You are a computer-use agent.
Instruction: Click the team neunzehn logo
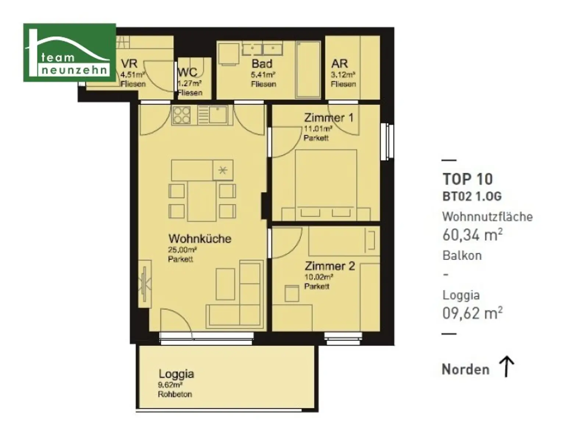pyautogui.click(x=70, y=53)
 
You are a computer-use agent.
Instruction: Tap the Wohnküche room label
pyautogui.click(x=200, y=239)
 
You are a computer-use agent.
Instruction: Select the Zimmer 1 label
pyautogui.click(x=329, y=118)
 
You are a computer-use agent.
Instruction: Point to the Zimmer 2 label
pyautogui.click(x=330, y=266)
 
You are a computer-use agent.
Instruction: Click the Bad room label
pyautogui.click(x=262, y=64)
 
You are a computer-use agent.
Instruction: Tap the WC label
pyautogui.click(x=188, y=72)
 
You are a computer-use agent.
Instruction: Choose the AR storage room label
pyautogui.click(x=340, y=64)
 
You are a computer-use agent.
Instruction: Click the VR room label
pyautogui.click(x=129, y=64)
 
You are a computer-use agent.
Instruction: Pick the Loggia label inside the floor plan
pyautogui.click(x=176, y=374)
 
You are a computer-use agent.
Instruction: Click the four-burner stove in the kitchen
pyautogui.click(x=181, y=115)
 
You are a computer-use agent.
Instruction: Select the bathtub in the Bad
pyautogui.click(x=308, y=70)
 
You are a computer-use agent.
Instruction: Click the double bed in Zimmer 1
pyautogui.click(x=326, y=185)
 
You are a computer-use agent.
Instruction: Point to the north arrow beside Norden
pyautogui.click(x=506, y=367)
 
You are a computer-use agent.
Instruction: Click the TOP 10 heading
pyautogui.click(x=468, y=179)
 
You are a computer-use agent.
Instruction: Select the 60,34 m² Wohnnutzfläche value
pyautogui.click(x=472, y=235)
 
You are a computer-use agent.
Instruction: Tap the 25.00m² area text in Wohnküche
pyautogui.click(x=182, y=250)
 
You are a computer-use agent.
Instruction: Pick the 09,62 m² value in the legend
pyautogui.click(x=472, y=313)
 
